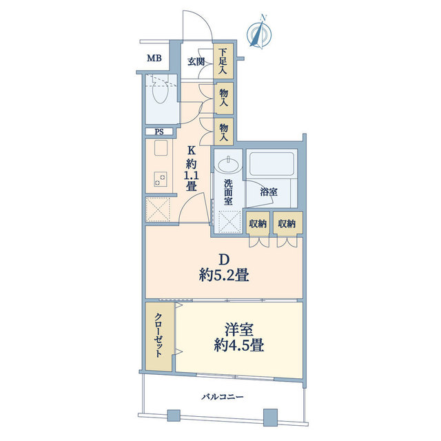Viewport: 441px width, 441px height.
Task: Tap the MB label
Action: (x=154, y=58)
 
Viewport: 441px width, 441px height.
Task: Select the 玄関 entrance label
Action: (x=196, y=61)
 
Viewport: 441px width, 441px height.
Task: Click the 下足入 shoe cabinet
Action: (x=223, y=61)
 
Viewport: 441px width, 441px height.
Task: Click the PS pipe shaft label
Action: (x=158, y=132)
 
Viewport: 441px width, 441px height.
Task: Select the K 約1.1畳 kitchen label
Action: (x=192, y=170)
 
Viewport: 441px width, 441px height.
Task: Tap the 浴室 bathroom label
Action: (x=269, y=192)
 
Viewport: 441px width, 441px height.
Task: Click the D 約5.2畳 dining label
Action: (x=223, y=268)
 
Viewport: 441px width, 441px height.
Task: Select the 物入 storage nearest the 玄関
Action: (x=223, y=97)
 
